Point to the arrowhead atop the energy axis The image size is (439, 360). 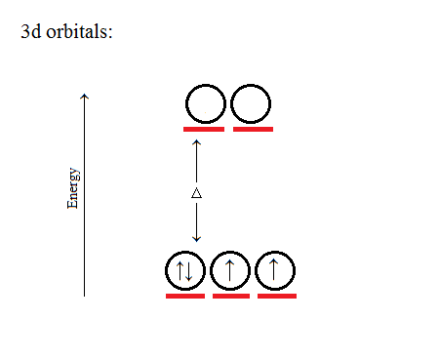pos(85,96)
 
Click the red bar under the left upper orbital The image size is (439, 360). pos(204,128)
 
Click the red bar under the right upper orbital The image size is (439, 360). pos(253,128)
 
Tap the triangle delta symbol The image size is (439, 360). pos(196,193)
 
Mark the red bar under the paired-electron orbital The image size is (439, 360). pos(185,295)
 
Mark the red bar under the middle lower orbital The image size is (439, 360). pos(231,295)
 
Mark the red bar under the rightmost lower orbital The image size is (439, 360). pos(277,295)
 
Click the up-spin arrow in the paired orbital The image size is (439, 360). pos(180,270)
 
